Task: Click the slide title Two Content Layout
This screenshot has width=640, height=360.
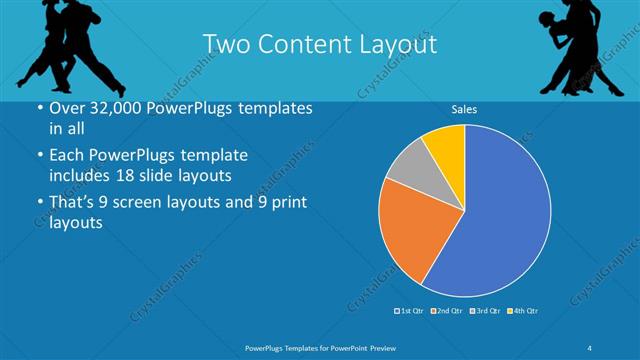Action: point(319,45)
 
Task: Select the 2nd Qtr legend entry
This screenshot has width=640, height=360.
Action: point(446,311)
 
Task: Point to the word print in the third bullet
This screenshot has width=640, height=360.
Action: point(283,204)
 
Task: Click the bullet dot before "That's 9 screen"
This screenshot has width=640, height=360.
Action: point(38,205)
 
